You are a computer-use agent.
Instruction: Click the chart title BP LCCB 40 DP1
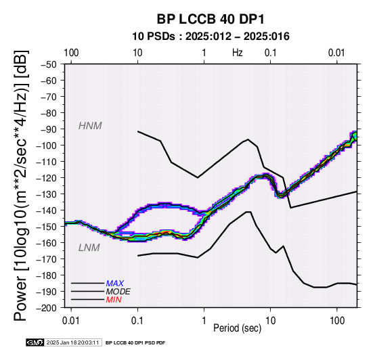click(x=211, y=19)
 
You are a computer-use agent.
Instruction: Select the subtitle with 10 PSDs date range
click(x=211, y=37)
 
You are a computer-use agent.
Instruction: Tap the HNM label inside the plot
click(x=90, y=126)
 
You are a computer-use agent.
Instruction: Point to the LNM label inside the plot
click(x=89, y=248)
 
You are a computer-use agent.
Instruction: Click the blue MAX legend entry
click(x=115, y=284)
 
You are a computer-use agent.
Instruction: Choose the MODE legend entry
click(x=118, y=292)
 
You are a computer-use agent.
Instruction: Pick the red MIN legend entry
click(x=114, y=300)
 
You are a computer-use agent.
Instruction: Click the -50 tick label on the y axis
click(x=49, y=64)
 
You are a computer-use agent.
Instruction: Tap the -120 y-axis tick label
click(x=47, y=178)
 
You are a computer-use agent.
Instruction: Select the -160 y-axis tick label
click(x=47, y=243)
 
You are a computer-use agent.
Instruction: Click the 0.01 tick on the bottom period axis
click(x=71, y=321)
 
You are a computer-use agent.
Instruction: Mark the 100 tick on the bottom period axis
click(x=337, y=321)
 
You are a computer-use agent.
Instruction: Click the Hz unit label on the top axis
click(x=237, y=53)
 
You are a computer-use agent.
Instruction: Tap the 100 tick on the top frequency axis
click(x=71, y=53)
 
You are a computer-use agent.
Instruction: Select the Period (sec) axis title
click(x=237, y=328)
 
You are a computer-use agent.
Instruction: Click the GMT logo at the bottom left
click(x=35, y=342)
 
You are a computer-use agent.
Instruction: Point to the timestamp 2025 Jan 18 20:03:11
click(x=72, y=342)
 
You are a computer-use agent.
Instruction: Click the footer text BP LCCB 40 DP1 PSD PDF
click(x=135, y=343)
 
